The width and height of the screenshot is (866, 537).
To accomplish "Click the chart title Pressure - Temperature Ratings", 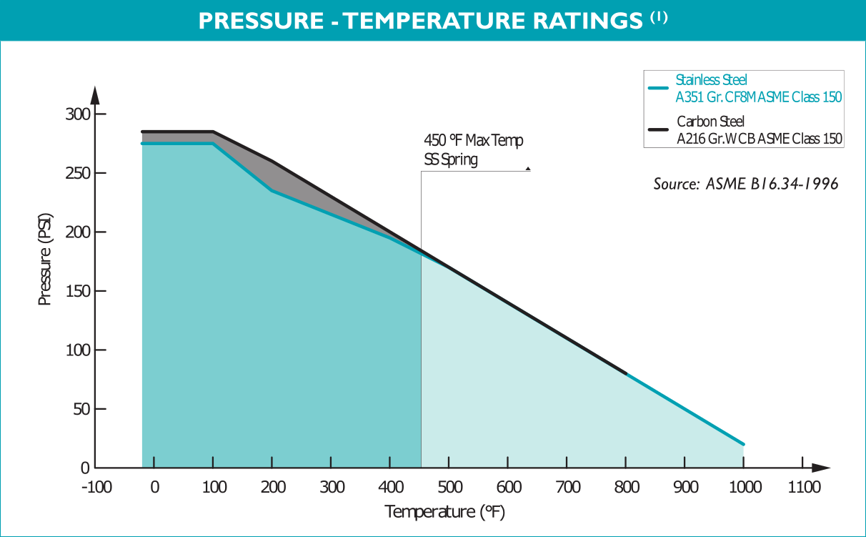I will coord(420,21).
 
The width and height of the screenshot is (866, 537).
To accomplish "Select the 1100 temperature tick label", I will coord(803,488).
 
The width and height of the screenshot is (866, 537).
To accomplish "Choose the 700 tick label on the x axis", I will coord(567,488).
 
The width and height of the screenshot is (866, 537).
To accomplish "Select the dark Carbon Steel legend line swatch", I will coord(657,130).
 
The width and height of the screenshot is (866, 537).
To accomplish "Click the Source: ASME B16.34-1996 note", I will coord(745,184).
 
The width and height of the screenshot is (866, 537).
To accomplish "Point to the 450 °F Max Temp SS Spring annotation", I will coord(473,150).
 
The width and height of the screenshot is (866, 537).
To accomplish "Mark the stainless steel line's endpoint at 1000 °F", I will coord(744,444).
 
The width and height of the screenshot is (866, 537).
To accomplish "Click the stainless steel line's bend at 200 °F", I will coord(272,191).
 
